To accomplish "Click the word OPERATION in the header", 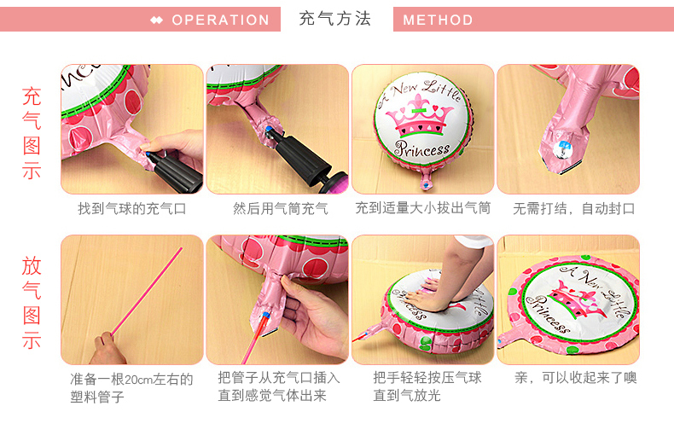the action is pyautogui.click(x=220, y=20).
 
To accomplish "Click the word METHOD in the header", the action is pyautogui.click(x=438, y=20).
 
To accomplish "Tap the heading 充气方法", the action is pyautogui.click(x=334, y=19).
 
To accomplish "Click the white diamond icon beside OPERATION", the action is pyautogui.click(x=156, y=20).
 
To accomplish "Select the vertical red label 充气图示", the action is pyautogui.click(x=32, y=133).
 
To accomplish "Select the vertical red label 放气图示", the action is pyautogui.click(x=32, y=303).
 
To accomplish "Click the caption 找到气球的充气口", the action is pyautogui.click(x=132, y=209).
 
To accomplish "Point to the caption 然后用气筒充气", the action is pyautogui.click(x=280, y=209).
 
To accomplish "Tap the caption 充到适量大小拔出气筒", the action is pyautogui.click(x=423, y=208).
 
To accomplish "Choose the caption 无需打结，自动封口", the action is pyautogui.click(x=574, y=209).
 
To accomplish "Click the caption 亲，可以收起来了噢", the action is pyautogui.click(x=576, y=378).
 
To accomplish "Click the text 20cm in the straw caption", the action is pyautogui.click(x=138, y=380).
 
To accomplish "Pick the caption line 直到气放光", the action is pyautogui.click(x=407, y=396).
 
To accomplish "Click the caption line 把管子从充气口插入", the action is pyautogui.click(x=279, y=378).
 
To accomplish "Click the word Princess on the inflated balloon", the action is pyautogui.click(x=422, y=149).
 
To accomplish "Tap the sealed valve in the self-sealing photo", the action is pyautogui.click(x=563, y=148).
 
